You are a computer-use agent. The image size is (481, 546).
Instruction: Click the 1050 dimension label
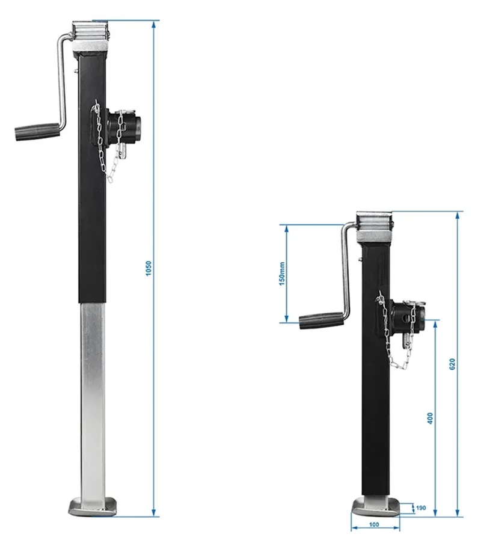coord(149,268)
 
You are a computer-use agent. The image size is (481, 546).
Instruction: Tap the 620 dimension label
coord(452,364)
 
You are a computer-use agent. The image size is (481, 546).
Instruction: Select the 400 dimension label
coord(430,418)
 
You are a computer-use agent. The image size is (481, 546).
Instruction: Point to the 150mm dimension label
coord(282,274)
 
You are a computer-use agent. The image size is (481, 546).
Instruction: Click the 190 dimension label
coord(421,508)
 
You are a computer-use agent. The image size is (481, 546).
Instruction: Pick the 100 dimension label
coord(374,525)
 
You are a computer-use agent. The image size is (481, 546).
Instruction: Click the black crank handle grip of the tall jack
coord(37,132)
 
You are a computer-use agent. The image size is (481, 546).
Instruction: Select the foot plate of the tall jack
coord(93,507)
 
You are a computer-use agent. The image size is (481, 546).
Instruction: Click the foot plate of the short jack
coord(376,507)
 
